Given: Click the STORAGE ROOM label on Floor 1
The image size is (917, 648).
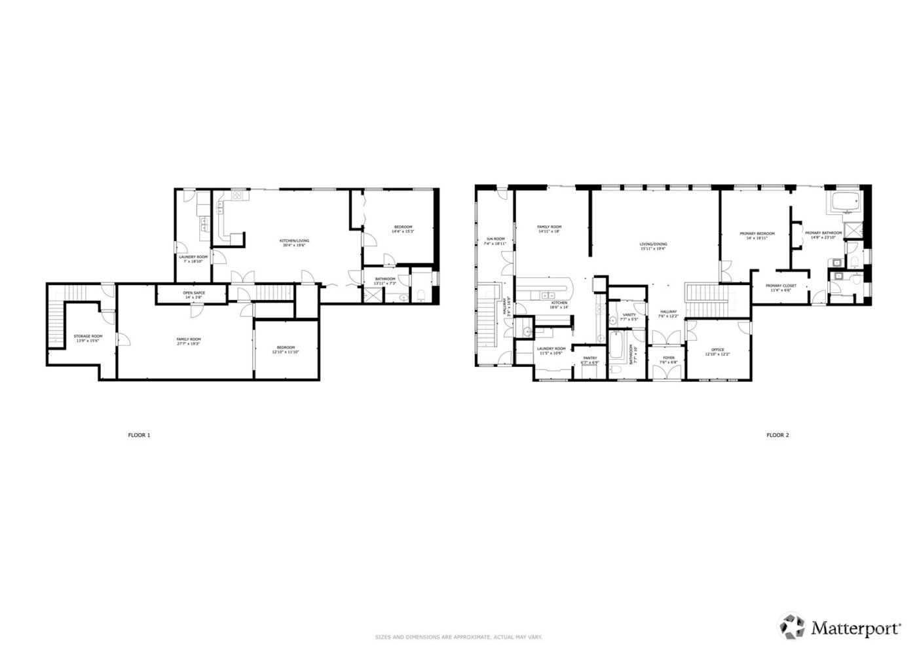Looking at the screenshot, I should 88,336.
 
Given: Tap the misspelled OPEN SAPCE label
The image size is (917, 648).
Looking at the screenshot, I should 194,293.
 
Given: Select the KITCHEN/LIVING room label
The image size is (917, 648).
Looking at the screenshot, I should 295,241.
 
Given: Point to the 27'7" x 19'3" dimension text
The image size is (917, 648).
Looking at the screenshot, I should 189,343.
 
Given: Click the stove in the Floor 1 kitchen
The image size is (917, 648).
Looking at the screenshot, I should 236,195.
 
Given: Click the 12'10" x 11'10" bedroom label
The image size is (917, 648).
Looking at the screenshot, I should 286,352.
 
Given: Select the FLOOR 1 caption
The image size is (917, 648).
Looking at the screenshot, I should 139,435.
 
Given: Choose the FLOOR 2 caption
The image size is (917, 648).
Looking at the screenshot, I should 777,435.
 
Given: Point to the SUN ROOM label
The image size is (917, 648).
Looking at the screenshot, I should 495,239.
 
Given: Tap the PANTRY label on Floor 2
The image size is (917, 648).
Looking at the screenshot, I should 589,358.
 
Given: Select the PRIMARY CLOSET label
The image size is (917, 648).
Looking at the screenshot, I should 781,286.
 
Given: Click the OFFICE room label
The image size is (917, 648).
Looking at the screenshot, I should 717,350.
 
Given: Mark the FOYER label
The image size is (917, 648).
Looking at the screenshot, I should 668,358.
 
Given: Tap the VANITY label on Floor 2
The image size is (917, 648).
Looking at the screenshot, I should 629,315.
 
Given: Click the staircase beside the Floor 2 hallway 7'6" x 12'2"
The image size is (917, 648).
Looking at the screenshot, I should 701,299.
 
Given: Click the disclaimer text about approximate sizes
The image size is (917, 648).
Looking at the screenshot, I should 458,637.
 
